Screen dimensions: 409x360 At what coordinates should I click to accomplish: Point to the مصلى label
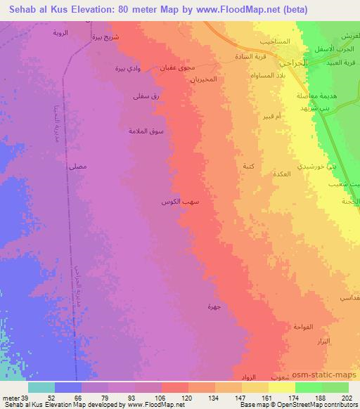coord(78,167)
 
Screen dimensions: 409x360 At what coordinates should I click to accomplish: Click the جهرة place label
coord(214,306)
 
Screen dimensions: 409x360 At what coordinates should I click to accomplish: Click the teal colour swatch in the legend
coord(41,387)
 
